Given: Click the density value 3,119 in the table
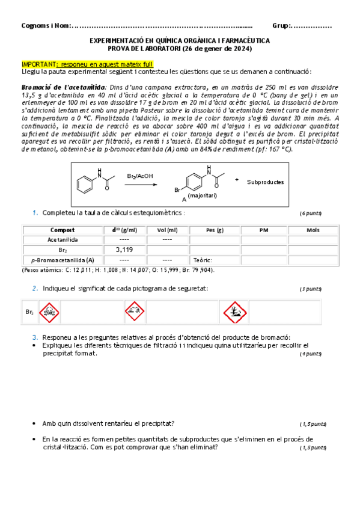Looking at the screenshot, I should [125, 250].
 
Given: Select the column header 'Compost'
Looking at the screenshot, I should [63, 230].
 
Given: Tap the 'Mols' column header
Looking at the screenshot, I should [313, 230].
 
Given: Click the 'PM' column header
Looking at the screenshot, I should [264, 230].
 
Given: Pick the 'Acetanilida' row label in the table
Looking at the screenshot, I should [63, 239].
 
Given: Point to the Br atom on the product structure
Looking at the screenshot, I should [178, 191].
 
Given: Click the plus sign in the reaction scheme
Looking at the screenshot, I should [237, 180].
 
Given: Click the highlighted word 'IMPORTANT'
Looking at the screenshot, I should [38, 64].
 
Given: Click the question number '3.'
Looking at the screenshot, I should [36, 337].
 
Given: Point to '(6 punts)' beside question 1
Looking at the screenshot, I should [311, 214].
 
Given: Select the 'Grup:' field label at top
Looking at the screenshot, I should [282, 25].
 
